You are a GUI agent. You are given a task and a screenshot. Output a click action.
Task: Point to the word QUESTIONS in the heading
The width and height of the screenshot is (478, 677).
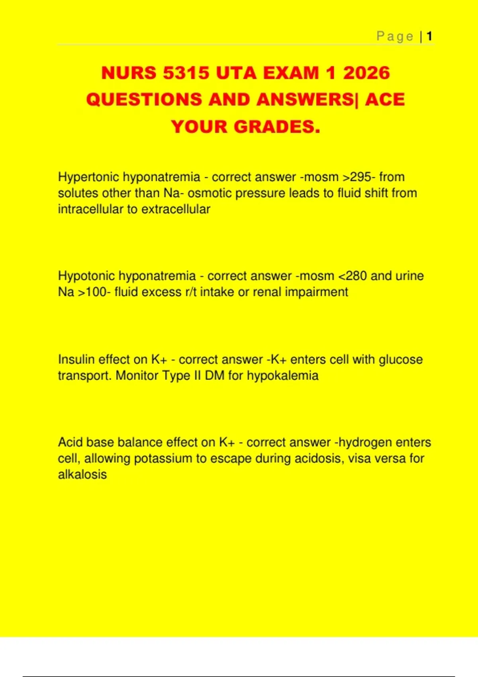[x=144, y=100]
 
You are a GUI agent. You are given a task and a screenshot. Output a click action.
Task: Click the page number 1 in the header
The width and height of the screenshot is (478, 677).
[x=429, y=37]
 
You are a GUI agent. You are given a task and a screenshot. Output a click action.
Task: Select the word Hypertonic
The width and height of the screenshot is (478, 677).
[x=88, y=177]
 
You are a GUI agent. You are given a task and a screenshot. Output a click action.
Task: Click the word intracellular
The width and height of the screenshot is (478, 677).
[x=90, y=209]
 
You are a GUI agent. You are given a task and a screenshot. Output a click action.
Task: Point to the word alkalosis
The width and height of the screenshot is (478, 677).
[x=82, y=475]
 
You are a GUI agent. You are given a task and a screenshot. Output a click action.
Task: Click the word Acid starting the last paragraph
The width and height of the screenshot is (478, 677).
[x=70, y=442]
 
